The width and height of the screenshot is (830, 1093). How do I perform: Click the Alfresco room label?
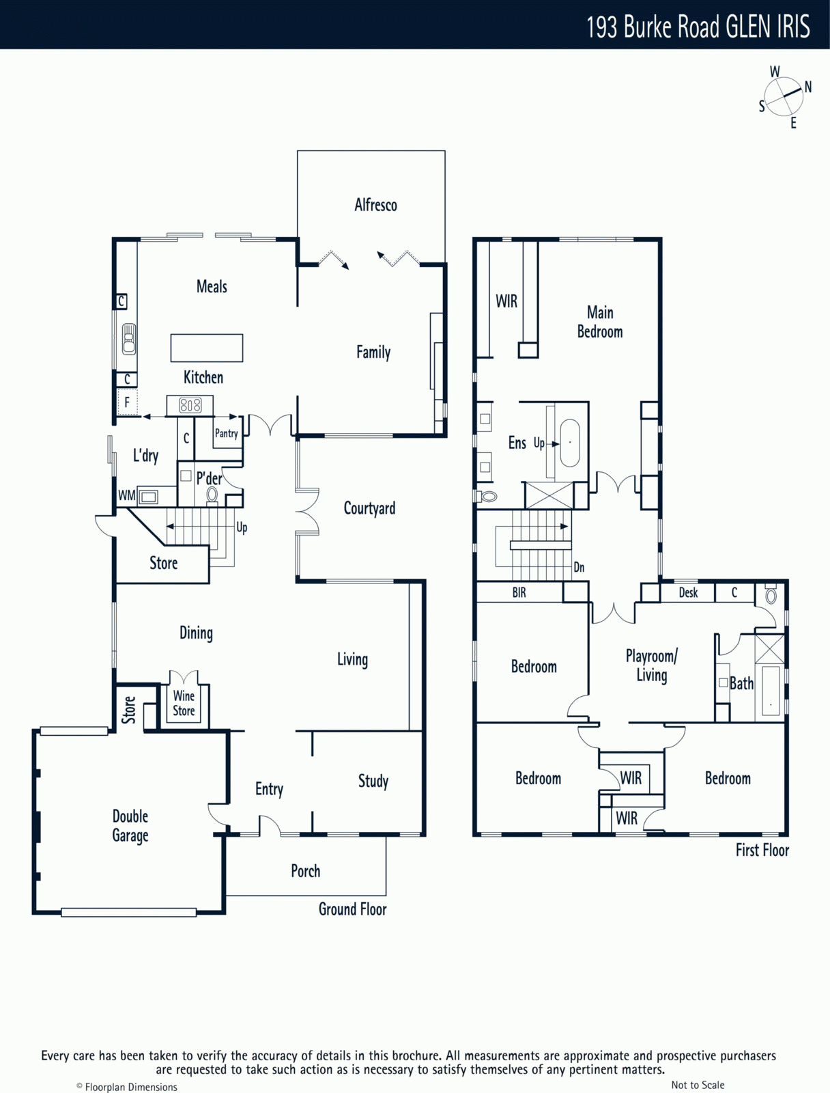(x=375, y=205)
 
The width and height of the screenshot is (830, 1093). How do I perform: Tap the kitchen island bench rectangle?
(x=206, y=348)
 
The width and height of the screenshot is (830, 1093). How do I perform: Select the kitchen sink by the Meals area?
(x=129, y=339)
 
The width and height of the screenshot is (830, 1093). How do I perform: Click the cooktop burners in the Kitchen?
(x=190, y=405)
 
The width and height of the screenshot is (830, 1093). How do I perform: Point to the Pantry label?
(x=227, y=433)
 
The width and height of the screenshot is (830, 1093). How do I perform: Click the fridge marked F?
(x=127, y=402)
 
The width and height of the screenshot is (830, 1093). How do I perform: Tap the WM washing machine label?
(x=126, y=495)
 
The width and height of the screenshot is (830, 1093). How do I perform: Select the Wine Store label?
(x=184, y=703)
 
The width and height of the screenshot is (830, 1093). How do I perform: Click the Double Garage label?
(x=130, y=826)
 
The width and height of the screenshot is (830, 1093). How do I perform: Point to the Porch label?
(x=305, y=870)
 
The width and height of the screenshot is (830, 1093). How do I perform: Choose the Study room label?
(x=373, y=781)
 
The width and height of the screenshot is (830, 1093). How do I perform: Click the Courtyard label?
(x=369, y=508)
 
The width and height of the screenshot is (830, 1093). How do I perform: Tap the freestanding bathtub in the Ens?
(x=570, y=443)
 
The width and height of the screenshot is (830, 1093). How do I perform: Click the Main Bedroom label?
(x=600, y=322)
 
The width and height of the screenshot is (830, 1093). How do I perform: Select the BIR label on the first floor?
(x=519, y=592)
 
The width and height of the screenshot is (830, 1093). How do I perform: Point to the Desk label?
(x=688, y=592)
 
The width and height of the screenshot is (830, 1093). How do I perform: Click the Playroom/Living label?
(x=651, y=665)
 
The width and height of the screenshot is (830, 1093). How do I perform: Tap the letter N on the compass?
(x=808, y=87)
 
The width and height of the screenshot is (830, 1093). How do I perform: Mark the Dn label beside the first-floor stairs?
(x=579, y=567)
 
